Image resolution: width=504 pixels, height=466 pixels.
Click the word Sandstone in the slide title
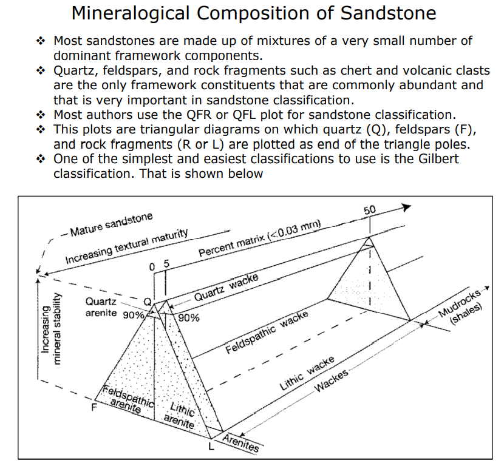[x=387, y=14]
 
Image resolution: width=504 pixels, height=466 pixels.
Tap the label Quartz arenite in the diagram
[x=102, y=308]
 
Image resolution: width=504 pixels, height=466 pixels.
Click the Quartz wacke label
[x=226, y=288]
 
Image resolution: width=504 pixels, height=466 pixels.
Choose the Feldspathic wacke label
[x=267, y=334]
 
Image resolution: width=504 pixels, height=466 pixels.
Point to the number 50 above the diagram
[x=370, y=210]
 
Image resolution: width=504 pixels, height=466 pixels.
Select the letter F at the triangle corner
[x=94, y=407]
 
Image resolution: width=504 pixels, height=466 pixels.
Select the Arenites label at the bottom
[x=240, y=444]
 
